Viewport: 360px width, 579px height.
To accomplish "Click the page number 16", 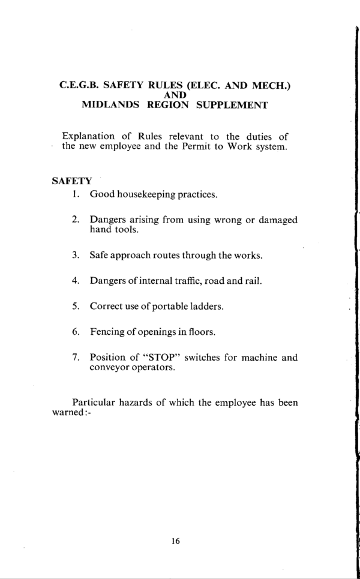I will [175, 541].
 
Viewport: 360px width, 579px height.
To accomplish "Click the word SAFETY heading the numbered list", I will [71, 180].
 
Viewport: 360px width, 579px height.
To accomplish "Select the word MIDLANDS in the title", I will [109, 105].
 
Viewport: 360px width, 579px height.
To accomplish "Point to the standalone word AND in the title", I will [175, 95].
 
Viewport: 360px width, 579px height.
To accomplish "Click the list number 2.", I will [76, 220].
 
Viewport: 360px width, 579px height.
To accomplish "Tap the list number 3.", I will [76, 255].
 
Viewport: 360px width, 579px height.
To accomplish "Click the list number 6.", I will [76, 331].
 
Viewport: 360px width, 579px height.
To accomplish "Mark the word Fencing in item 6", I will [107, 331].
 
